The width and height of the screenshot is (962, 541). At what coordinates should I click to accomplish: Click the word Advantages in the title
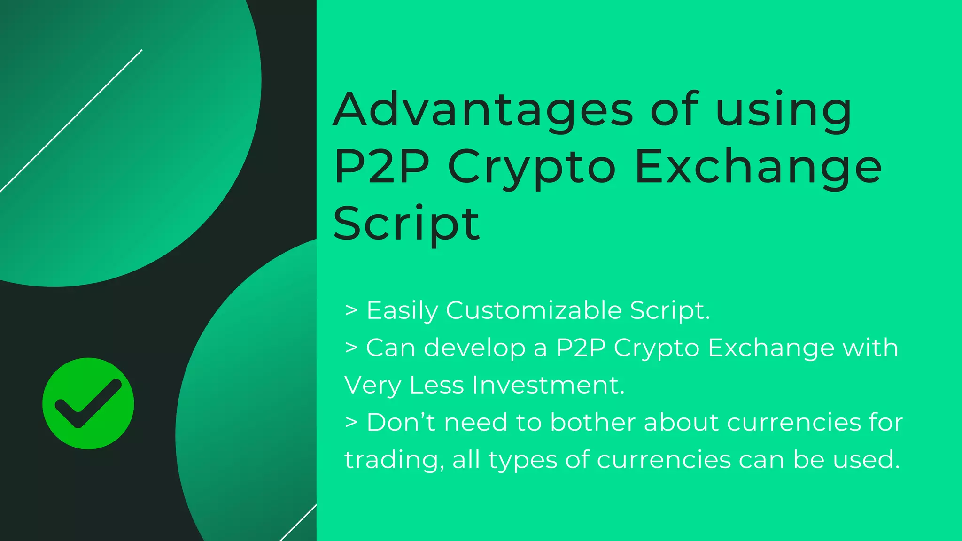coord(483,110)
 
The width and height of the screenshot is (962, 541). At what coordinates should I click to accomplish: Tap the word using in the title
coord(784,113)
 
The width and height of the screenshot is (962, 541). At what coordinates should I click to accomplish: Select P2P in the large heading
coord(381,167)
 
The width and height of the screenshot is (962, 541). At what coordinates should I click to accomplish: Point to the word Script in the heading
coord(407,224)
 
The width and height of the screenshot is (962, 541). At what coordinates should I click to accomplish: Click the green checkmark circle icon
coord(88,403)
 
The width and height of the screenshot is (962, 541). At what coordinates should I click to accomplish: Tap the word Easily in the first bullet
coord(402,311)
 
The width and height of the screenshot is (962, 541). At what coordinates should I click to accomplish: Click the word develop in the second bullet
coord(474,348)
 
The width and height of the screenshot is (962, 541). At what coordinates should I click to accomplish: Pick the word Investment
coord(548,385)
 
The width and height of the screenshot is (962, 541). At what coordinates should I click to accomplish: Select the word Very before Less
coord(372,385)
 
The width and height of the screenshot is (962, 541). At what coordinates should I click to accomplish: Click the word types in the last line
coord(522,460)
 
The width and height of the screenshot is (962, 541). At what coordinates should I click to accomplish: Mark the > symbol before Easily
coord(351,310)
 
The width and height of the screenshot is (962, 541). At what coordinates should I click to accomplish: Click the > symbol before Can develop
coord(351,348)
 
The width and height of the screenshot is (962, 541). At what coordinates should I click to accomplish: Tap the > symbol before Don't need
coord(351,422)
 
